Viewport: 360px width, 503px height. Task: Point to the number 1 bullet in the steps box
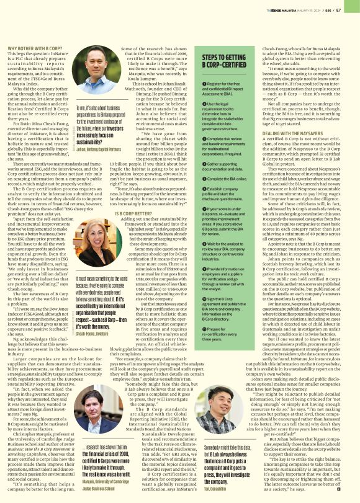tap(205, 84)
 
